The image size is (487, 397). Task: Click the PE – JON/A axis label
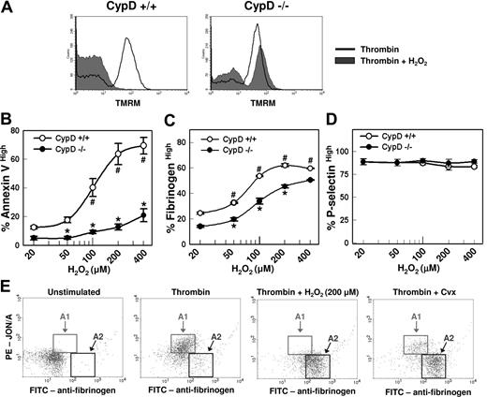[x=8, y=337]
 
